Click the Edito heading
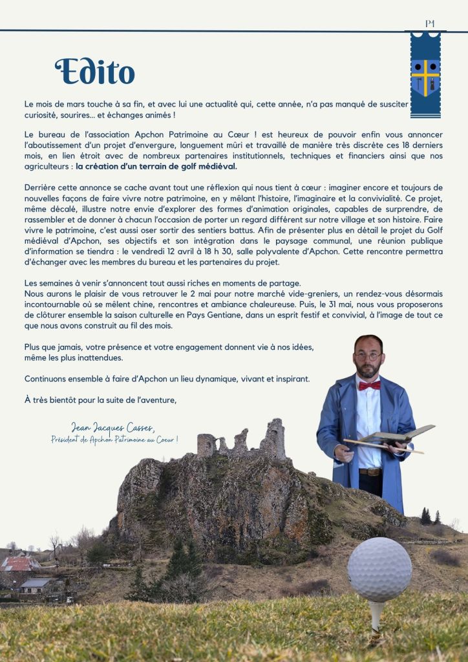click(x=95, y=72)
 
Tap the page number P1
click(x=430, y=24)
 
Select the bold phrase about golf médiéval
click(x=156, y=166)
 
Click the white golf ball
click(x=379, y=570)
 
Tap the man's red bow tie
click(x=369, y=385)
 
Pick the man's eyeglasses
click(x=367, y=356)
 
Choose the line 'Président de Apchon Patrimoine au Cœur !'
click(x=114, y=440)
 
